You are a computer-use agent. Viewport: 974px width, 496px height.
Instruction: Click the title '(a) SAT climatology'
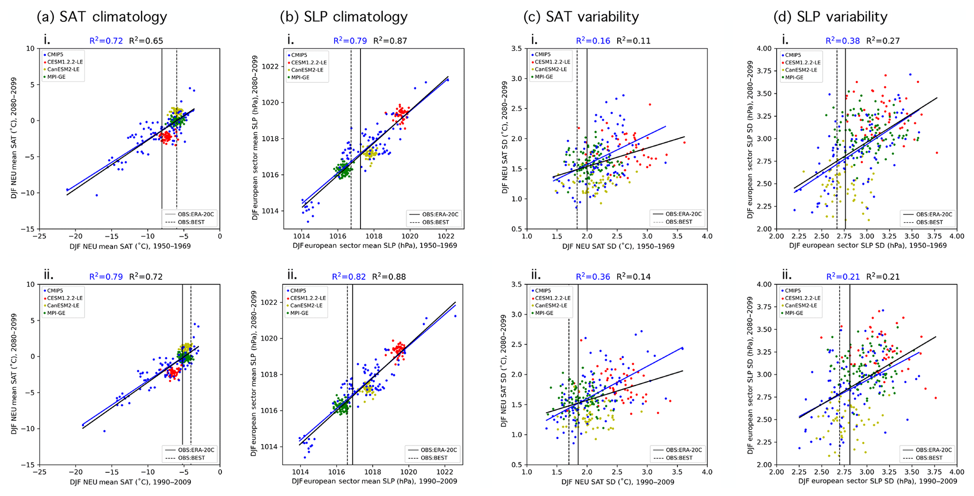[102, 17]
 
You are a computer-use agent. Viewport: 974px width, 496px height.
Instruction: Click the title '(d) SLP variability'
[830, 17]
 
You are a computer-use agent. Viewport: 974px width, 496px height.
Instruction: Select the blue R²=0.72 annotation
[106, 41]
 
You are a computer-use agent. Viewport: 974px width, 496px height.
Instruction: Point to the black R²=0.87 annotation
[390, 41]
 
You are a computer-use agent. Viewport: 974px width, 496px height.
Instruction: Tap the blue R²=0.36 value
[593, 277]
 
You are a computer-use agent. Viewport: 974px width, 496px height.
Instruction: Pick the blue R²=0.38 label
[843, 41]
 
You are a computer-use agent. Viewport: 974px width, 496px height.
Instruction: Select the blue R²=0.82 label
[349, 277]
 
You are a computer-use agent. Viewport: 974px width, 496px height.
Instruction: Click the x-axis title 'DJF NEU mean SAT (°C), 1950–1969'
[130, 246]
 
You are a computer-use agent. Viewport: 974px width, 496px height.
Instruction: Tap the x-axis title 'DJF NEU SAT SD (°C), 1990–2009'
[618, 482]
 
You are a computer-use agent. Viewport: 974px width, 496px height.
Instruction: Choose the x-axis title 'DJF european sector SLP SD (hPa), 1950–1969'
[868, 246]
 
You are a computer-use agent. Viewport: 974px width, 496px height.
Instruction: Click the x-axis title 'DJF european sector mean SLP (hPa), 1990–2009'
[374, 482]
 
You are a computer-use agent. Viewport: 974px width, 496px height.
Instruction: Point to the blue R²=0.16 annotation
[593, 41]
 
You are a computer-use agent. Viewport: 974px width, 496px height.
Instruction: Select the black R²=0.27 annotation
[883, 41]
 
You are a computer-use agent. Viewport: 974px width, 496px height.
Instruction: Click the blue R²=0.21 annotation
[843, 277]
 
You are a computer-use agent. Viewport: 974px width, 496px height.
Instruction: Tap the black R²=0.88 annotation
[389, 277]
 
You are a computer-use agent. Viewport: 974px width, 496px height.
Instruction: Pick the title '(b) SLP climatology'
[344, 17]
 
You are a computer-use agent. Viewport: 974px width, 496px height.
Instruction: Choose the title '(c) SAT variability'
[581, 17]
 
